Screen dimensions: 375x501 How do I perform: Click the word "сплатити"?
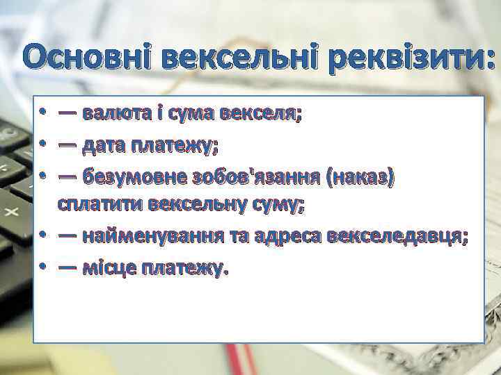tap(100, 206)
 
